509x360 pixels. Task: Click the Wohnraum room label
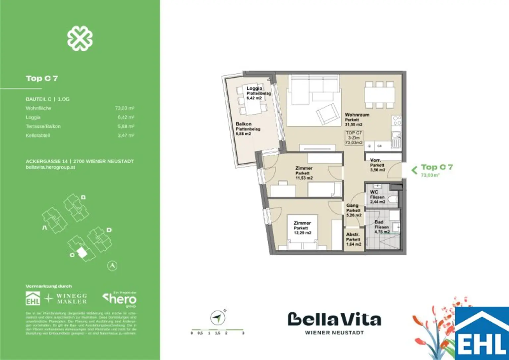[x=357, y=115]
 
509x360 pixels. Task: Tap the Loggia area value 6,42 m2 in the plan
[x=254, y=98]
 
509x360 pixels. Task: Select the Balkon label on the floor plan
[x=244, y=124]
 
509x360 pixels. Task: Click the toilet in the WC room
[x=393, y=200]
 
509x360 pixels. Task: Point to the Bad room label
[x=379, y=222]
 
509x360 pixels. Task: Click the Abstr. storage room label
[x=353, y=234]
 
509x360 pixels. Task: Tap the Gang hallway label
[x=352, y=205]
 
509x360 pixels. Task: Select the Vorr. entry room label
[x=375, y=160]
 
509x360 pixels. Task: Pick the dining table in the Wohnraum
[x=379, y=95]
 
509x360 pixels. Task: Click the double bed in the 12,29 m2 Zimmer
[x=302, y=232]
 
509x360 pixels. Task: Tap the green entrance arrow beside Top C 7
[x=414, y=170]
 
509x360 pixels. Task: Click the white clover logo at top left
[x=80, y=39]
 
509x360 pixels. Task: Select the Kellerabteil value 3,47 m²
[x=126, y=135]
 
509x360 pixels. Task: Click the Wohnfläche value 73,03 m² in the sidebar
[x=124, y=108]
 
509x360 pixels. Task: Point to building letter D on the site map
[x=109, y=230]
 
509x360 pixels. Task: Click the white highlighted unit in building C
[x=82, y=253]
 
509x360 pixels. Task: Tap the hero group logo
[x=120, y=299]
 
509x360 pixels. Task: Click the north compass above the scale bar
[x=217, y=318]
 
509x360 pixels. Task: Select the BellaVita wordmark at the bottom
[x=334, y=319]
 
